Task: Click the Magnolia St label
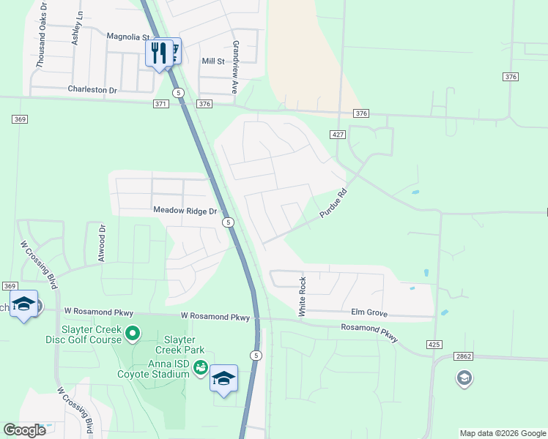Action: coord(128,36)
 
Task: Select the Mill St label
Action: coord(213,61)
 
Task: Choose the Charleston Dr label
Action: coord(92,90)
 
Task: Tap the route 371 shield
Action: coord(161,104)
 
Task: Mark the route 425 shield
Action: coord(434,344)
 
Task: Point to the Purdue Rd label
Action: coord(332,204)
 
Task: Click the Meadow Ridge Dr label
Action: coord(186,211)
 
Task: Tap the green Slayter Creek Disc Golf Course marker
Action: coord(133,334)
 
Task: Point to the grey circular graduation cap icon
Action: coord(464,378)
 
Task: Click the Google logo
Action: coord(25,430)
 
